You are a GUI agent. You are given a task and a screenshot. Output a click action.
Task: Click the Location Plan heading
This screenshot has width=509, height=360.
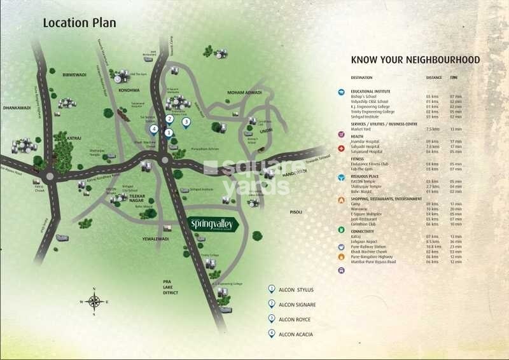coord(80,23)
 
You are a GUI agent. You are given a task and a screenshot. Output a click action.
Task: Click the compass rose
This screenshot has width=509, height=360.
coord(94,301)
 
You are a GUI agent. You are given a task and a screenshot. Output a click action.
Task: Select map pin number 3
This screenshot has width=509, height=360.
coord(186,122)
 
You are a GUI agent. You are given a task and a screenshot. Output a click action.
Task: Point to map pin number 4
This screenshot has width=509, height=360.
coord(154,130)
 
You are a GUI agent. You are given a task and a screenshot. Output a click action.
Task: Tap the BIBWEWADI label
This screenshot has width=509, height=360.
coord(74,74)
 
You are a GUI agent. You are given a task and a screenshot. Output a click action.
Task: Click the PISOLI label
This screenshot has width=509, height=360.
coord(296,212)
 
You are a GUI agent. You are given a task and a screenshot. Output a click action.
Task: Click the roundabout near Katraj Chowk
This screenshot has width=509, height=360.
coord(50,175)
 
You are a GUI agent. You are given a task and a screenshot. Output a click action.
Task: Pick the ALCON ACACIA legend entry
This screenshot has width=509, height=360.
coord(296,334)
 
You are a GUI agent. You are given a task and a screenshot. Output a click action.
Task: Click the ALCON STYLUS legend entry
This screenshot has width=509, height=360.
coord(296,289)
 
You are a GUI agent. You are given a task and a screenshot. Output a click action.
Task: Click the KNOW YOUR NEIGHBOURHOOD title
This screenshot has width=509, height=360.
coord(415,60)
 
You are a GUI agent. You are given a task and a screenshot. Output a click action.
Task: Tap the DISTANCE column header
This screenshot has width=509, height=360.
coord(434,78)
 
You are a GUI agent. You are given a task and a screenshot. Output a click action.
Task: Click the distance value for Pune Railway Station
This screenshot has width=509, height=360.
coord(433,246)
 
